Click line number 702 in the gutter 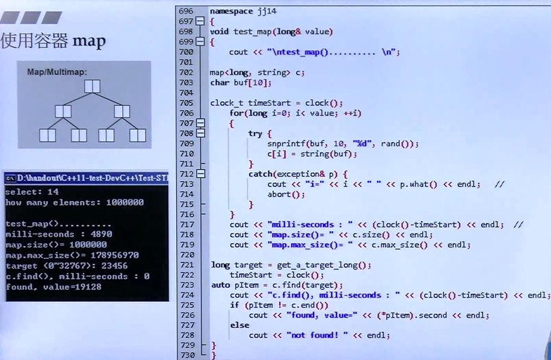coord(186,72)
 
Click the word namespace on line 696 coord(231,11)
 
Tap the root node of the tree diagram coord(92,87)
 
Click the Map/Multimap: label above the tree coord(57,72)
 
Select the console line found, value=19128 coord(54,287)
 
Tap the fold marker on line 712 coord(200,174)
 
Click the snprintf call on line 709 coord(286,143)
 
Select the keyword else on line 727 coord(239,325)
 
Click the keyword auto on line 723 coord(220,285)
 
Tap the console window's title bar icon coord(10,178)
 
